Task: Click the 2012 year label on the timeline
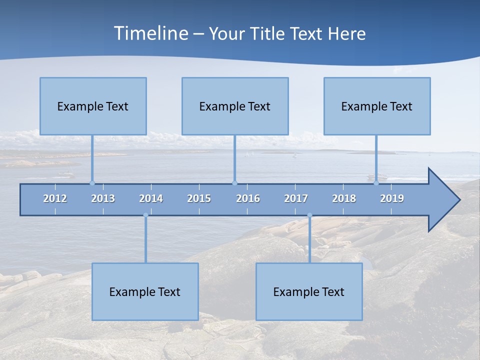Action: (55, 198)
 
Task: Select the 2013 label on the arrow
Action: (103, 198)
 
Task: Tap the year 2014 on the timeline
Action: (151, 198)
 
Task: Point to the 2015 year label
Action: (199, 198)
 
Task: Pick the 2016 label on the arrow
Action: (248, 198)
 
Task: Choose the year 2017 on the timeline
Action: (296, 198)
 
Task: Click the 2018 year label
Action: (344, 198)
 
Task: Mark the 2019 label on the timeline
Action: (392, 198)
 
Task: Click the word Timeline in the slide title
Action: (150, 33)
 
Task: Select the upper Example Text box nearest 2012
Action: (93, 106)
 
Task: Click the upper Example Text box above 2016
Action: (235, 106)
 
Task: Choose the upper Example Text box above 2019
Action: (377, 106)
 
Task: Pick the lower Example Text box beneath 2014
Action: (145, 291)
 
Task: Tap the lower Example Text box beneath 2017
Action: (309, 291)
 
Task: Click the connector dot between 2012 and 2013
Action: (92, 183)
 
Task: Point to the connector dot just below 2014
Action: (145, 215)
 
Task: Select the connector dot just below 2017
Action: (309, 215)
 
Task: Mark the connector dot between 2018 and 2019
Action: (376, 183)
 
